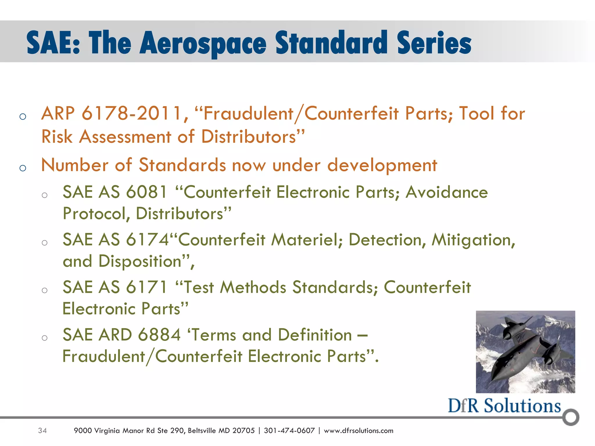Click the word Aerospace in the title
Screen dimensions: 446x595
203,44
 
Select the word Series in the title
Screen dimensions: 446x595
434,44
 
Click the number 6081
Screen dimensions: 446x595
147,193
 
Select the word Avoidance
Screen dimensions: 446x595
447,193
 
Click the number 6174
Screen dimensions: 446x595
148,240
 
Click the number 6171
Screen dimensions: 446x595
147,287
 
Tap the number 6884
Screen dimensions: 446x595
159,335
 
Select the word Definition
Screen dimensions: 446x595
315,335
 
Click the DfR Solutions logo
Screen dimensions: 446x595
504,406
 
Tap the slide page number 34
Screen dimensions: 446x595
42,431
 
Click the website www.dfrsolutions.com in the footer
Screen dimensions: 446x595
359,431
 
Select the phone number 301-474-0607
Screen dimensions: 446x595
289,431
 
